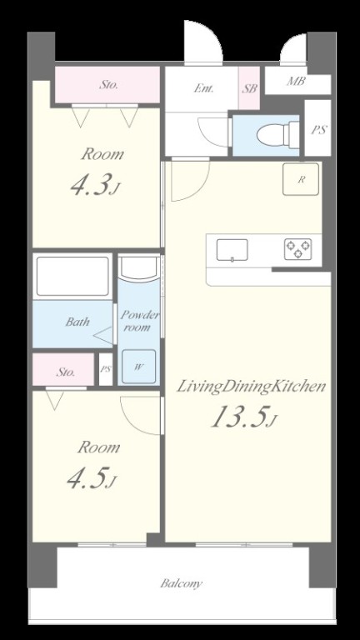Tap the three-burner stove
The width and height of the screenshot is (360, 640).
tap(298, 249)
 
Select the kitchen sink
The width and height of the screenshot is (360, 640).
tap(232, 250)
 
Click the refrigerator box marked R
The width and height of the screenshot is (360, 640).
tap(301, 179)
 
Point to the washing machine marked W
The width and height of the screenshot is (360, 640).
tap(139, 366)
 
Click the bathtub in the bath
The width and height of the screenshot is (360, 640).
tap(72, 277)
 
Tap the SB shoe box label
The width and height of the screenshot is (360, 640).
tap(249, 88)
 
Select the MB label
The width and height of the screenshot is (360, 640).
tap(296, 81)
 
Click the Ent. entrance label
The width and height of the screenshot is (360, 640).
tap(203, 88)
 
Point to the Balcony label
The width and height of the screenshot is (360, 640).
tap(181, 582)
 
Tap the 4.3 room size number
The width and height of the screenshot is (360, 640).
tap(95, 186)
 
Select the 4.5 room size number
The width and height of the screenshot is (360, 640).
tap(92, 478)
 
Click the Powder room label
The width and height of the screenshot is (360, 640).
tap(139, 321)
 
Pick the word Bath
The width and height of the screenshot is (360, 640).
tap(77, 322)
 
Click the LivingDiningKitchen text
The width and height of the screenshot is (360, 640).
tap(251, 386)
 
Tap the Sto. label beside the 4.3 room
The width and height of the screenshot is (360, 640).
tap(108, 85)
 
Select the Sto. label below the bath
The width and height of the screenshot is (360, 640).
tap(65, 372)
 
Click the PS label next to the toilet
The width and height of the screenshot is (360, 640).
tap(319, 130)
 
